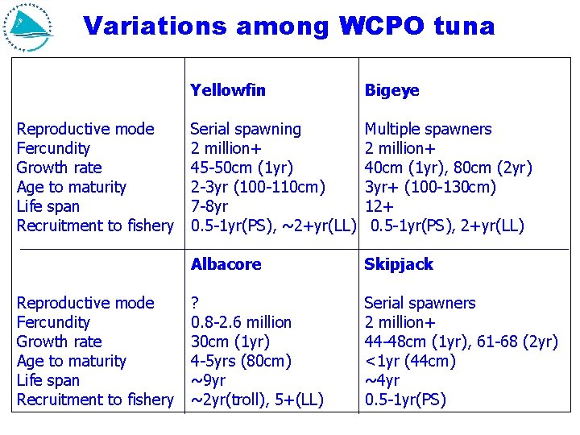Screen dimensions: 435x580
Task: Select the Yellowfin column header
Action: pos(228,90)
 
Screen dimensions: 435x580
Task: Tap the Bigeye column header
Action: pos(392,90)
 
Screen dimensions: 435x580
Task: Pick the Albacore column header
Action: pos(226,264)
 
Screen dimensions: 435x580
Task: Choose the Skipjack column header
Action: pos(399,264)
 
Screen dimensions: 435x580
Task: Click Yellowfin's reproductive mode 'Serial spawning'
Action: pos(246,129)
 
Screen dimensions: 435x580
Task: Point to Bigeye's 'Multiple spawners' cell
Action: pos(428,129)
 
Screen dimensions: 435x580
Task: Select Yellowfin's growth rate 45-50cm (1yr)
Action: pos(242,168)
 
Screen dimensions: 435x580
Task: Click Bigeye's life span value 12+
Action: pos(378,206)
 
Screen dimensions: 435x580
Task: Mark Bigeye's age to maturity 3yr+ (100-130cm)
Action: pos(430,187)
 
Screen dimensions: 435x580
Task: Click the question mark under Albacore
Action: pos(195,303)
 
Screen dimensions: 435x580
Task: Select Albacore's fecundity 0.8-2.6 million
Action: pos(241,322)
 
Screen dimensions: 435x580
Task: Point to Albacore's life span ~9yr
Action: pos(208,380)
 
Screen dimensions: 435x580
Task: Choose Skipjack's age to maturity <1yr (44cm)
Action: pos(410,361)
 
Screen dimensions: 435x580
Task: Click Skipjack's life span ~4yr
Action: pos(382,380)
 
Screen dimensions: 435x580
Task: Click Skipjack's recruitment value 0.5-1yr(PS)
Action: pos(405,400)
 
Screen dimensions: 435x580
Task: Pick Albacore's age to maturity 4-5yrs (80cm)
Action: pos(241,361)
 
